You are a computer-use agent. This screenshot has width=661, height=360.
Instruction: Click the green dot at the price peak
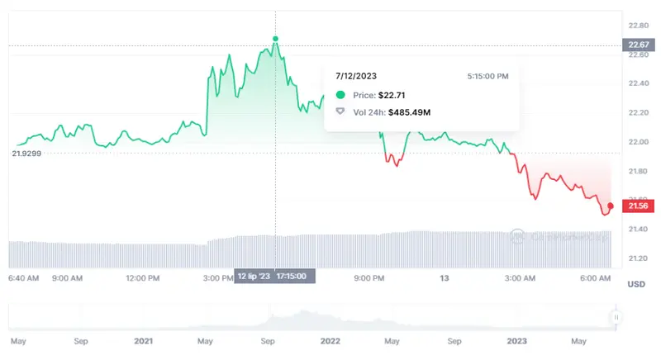click(275, 38)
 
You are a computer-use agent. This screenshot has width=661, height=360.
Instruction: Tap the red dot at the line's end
click(610, 205)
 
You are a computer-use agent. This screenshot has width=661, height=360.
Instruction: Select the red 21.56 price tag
click(637, 206)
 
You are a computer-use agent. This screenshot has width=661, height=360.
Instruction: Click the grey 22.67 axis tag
click(637, 45)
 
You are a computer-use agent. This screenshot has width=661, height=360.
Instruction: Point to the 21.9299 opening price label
click(27, 154)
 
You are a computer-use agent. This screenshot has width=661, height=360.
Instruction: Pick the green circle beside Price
click(340, 95)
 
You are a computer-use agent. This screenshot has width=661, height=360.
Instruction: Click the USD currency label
click(636, 285)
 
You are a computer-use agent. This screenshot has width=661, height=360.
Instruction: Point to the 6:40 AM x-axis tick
click(23, 279)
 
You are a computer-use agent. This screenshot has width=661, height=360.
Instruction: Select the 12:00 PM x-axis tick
click(142, 279)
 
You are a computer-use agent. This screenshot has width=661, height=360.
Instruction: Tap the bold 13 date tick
click(444, 279)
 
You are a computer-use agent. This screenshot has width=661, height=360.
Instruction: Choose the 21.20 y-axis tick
click(637, 258)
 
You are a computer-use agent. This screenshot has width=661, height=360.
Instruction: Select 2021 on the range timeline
click(143, 339)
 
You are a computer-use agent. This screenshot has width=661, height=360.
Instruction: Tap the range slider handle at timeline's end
click(616, 317)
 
